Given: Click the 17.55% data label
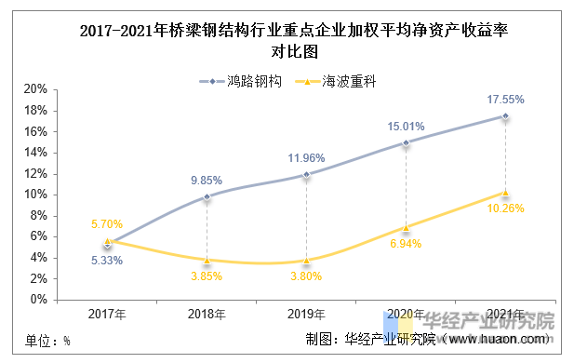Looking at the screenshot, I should pos(506,99).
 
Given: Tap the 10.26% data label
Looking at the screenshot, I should pos(506,209).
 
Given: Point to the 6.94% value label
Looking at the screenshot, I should pos(406,244).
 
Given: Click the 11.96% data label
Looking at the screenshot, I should pos(306,157).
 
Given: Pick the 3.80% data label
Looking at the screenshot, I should pos(306,276).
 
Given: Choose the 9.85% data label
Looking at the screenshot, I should pos(207,181).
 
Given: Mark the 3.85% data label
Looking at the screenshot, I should pos(207,276).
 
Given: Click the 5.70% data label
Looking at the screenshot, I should pos(107,224).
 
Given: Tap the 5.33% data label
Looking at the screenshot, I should pos(107,261).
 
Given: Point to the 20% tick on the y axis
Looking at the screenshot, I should pos(35,89).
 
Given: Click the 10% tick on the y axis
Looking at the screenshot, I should pos(35,195).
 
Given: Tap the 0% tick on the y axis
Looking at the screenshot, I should pos(38,300).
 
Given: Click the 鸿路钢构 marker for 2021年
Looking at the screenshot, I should pos(505,116).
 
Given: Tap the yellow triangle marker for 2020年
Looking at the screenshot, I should pos(406,227).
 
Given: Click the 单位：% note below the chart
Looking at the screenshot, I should pos(47,341).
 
